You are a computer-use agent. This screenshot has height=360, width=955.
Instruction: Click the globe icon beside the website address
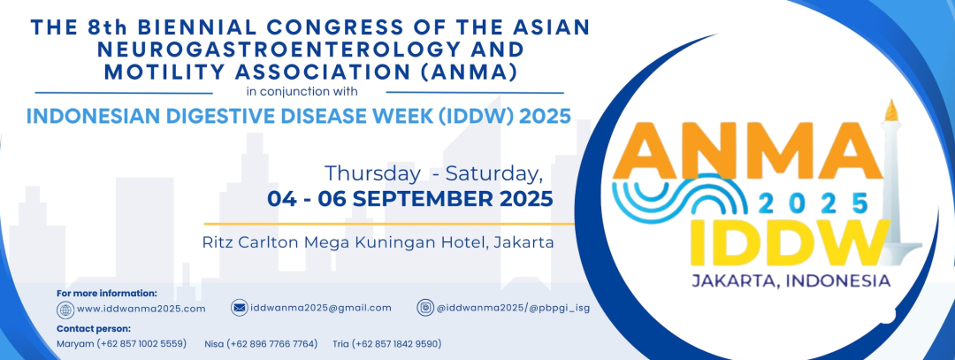point(65,310)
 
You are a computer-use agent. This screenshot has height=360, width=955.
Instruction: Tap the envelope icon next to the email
point(240,308)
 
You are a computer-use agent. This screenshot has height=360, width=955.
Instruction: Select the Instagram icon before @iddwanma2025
point(425,308)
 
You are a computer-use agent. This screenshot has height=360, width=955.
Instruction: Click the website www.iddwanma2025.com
point(141,309)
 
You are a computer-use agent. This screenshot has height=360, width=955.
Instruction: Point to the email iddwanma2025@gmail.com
point(321,308)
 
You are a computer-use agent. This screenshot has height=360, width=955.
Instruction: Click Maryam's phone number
point(141,343)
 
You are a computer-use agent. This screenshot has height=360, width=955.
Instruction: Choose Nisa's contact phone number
point(272,343)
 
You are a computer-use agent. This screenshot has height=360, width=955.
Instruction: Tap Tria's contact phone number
point(396,343)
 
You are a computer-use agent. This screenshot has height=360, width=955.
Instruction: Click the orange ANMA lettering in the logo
point(747,150)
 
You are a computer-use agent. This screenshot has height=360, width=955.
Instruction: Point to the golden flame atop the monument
point(891,110)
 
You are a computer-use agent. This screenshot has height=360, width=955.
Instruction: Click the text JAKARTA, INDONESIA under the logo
point(791,280)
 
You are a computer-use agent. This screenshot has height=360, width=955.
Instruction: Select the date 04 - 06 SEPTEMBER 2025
point(410,199)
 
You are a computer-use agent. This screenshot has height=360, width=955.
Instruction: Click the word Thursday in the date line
point(371,173)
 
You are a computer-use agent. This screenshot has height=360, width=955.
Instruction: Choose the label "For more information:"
point(107,293)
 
